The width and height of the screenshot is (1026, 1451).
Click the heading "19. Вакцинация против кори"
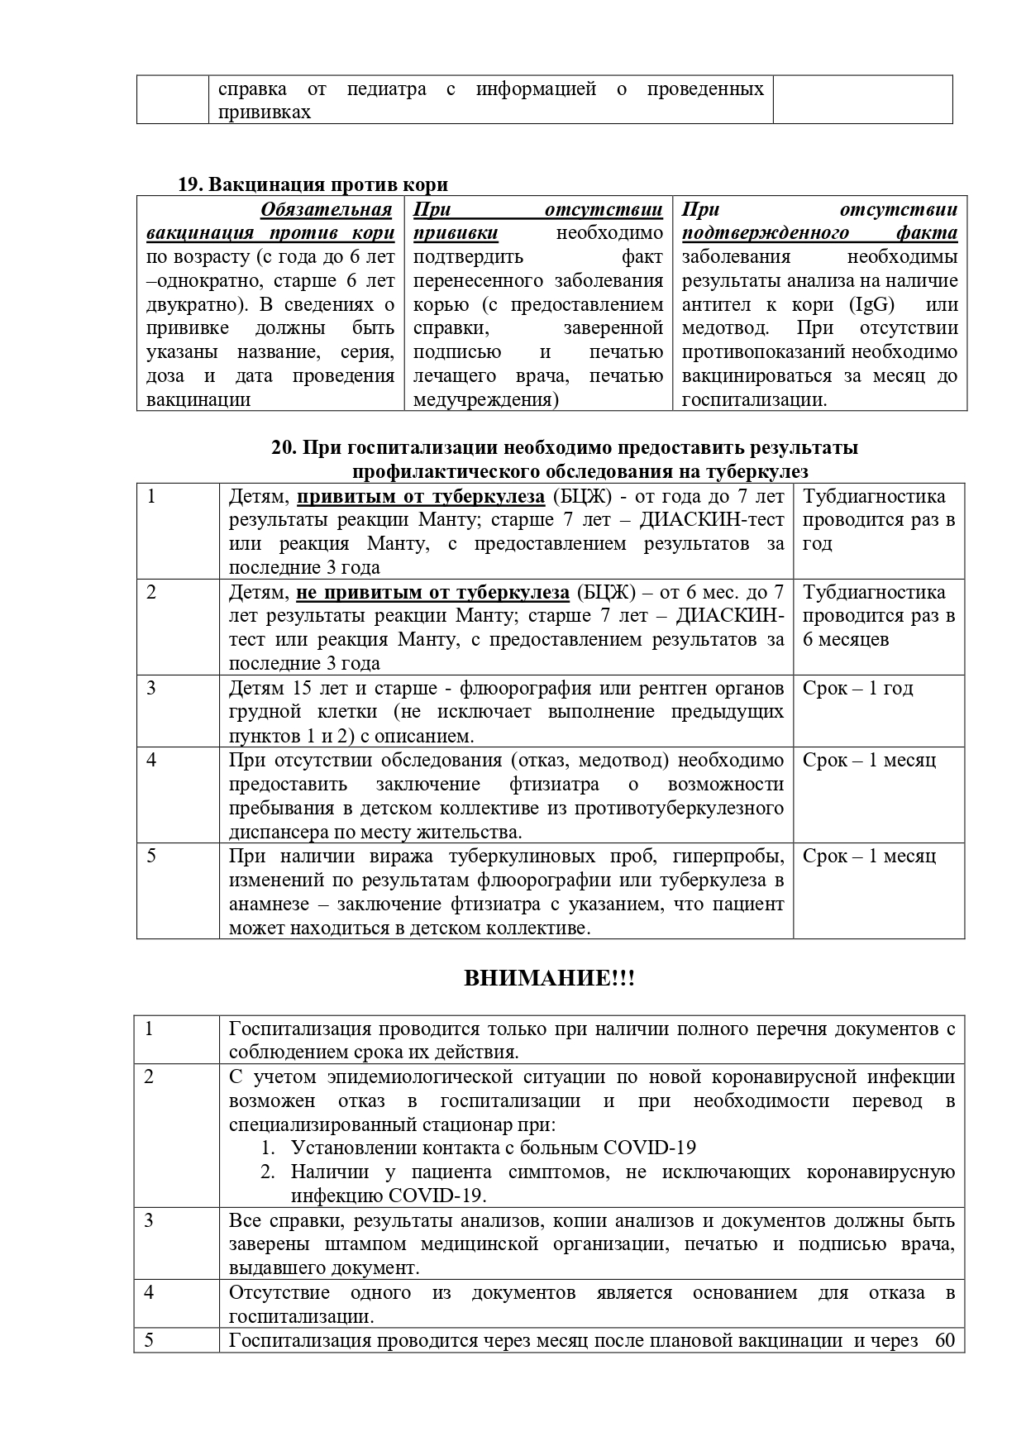pyautogui.click(x=313, y=184)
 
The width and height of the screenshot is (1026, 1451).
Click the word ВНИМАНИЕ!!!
pyautogui.click(x=549, y=979)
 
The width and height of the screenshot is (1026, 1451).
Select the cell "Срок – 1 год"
pyautogui.click(x=857, y=689)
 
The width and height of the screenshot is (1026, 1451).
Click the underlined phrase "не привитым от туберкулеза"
pyautogui.click(x=432, y=592)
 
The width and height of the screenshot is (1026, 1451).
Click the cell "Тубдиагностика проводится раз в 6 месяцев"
pyautogui.click(x=878, y=616)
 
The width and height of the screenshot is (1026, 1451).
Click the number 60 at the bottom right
pyautogui.click(x=944, y=1340)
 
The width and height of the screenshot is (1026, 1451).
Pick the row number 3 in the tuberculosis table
pyautogui.click(x=151, y=689)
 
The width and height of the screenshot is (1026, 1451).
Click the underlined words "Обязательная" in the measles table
pyautogui.click(x=326, y=209)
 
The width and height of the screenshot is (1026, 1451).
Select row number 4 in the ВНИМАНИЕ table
pyautogui.click(x=150, y=1292)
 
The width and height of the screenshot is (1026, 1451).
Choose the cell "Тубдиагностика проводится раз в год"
pyautogui.click(x=878, y=520)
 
